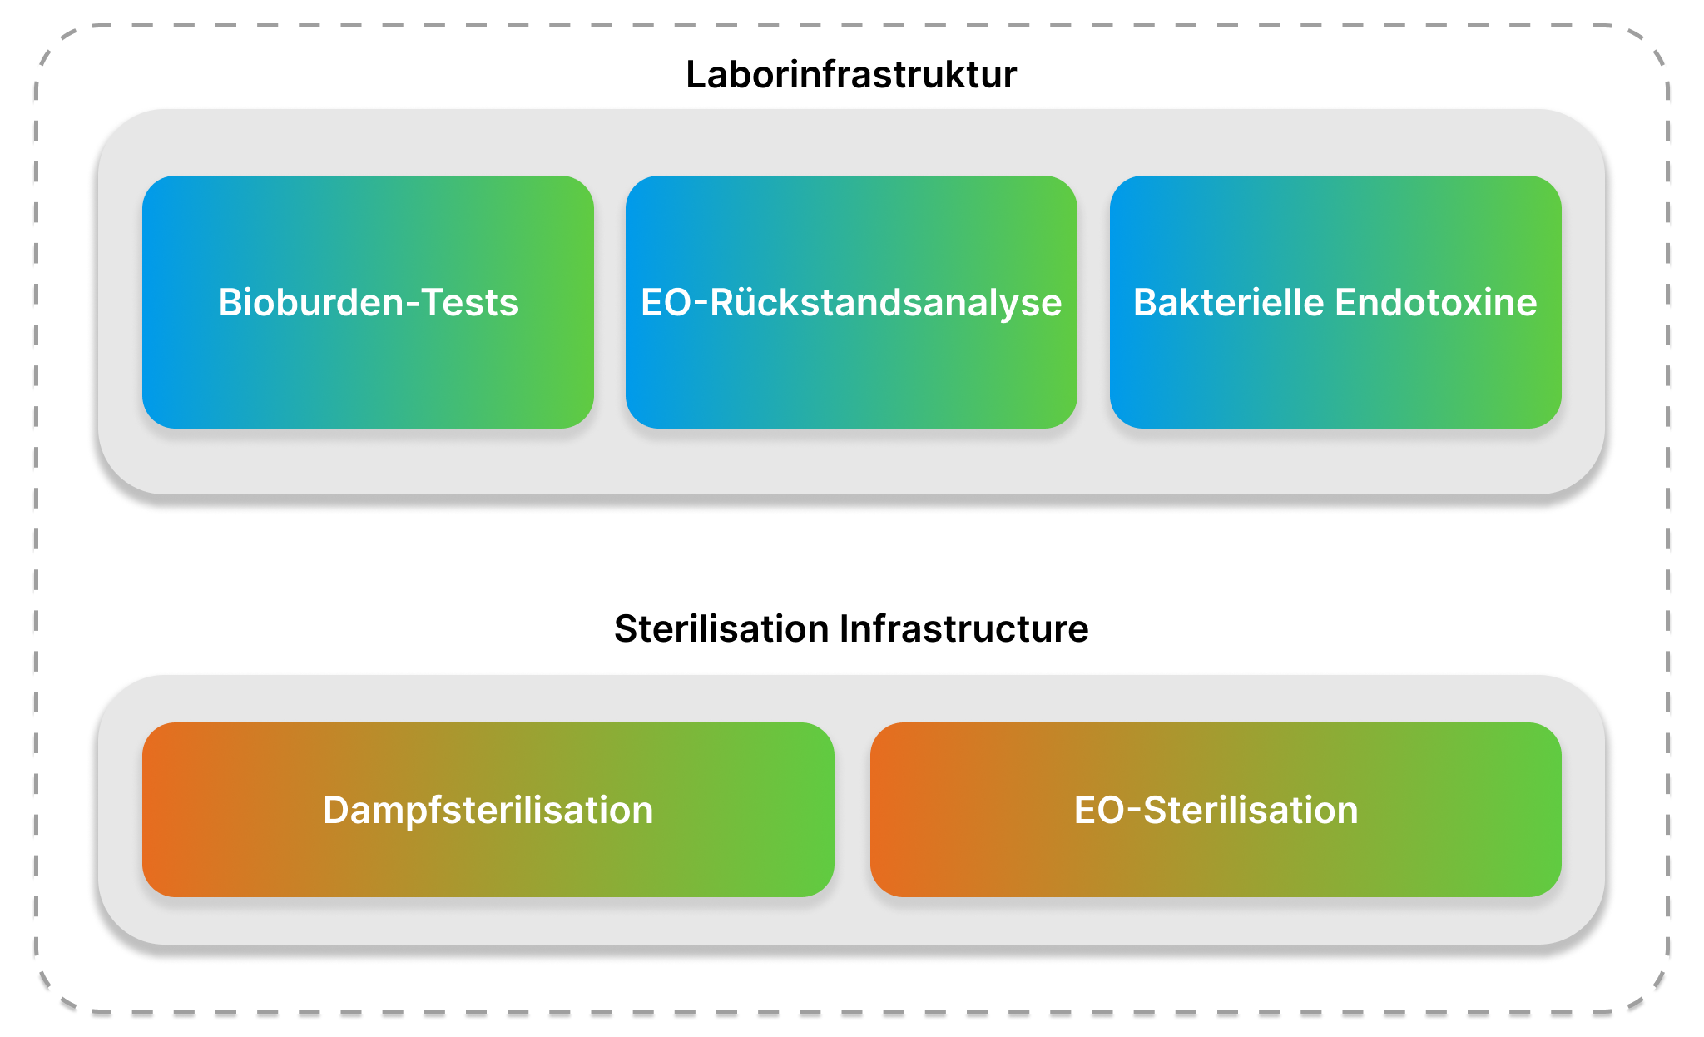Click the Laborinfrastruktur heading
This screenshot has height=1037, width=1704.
coord(851,75)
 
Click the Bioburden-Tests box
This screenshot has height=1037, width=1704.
coord(368,302)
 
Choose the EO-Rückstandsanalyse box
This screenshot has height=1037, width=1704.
coord(851,302)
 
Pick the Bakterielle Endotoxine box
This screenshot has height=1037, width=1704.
coord(1335,302)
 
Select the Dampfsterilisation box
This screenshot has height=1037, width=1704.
coord(488,810)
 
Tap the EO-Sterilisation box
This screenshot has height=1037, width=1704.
coord(1216,810)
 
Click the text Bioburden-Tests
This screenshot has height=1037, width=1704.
coord(368,303)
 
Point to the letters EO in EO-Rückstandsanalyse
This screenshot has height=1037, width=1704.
coord(666,303)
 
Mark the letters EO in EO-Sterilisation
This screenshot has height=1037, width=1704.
coord(1099,811)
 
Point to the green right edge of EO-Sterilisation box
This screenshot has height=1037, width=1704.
coord(1558,810)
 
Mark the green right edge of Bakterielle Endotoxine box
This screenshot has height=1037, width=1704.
coord(1558,302)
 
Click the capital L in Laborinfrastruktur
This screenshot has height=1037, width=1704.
coord(696,75)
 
